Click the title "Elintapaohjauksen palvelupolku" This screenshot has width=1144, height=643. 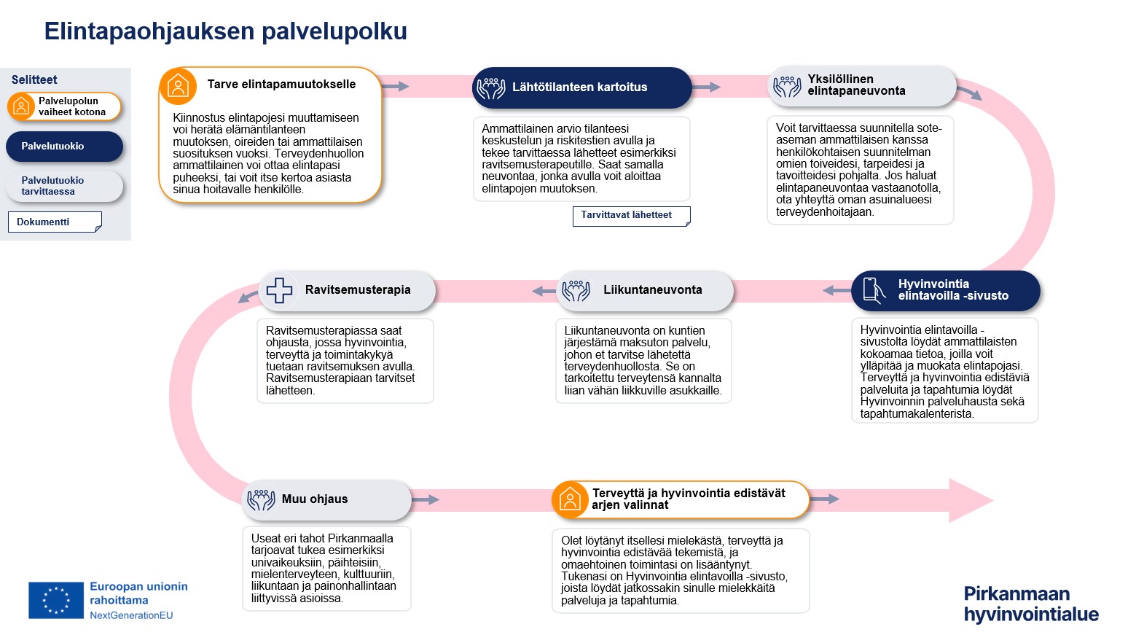225,31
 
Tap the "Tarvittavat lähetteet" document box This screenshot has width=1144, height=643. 631,216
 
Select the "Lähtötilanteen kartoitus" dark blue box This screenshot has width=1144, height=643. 581,87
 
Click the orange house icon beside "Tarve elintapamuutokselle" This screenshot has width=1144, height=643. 178,86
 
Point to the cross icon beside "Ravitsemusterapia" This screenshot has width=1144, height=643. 279,290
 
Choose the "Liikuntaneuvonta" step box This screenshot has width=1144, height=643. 645,290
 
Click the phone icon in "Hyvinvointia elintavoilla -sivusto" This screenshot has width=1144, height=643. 873,290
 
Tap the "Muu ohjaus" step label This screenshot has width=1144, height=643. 315,499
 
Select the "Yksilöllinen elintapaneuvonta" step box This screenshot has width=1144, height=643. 862,86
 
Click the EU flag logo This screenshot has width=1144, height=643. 56,600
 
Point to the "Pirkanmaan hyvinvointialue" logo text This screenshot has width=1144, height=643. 1030,604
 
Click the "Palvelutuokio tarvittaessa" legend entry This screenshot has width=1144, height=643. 64,186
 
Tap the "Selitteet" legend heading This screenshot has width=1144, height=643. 34,80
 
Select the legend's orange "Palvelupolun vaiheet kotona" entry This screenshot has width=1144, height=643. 64,106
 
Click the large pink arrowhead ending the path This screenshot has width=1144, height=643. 969,500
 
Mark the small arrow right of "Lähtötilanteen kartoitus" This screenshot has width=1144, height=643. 706,87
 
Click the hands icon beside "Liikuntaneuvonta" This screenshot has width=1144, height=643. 576,290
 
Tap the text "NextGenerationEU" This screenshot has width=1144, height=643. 131,615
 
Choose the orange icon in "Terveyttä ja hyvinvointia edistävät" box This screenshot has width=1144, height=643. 570,499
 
